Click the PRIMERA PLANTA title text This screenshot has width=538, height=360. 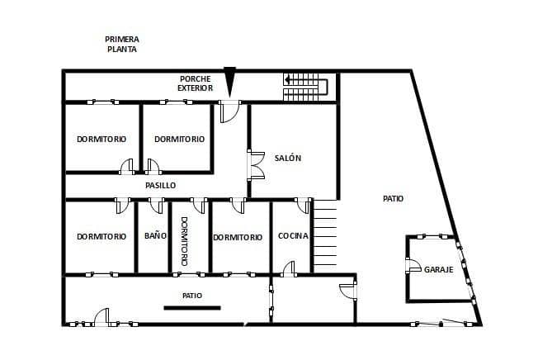(x=121, y=44)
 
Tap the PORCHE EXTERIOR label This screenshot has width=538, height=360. (x=196, y=83)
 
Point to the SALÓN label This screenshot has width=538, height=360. (x=288, y=158)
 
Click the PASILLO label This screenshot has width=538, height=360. (x=160, y=186)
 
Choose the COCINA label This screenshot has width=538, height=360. (x=293, y=236)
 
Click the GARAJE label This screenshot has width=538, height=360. (x=438, y=269)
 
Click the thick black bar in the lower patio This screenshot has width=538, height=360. (x=192, y=308)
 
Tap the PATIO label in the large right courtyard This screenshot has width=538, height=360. (x=394, y=199)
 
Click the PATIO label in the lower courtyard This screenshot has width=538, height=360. (x=192, y=295)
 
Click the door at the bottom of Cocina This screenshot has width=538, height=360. (x=288, y=268)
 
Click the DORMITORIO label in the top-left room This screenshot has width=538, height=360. (x=101, y=139)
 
